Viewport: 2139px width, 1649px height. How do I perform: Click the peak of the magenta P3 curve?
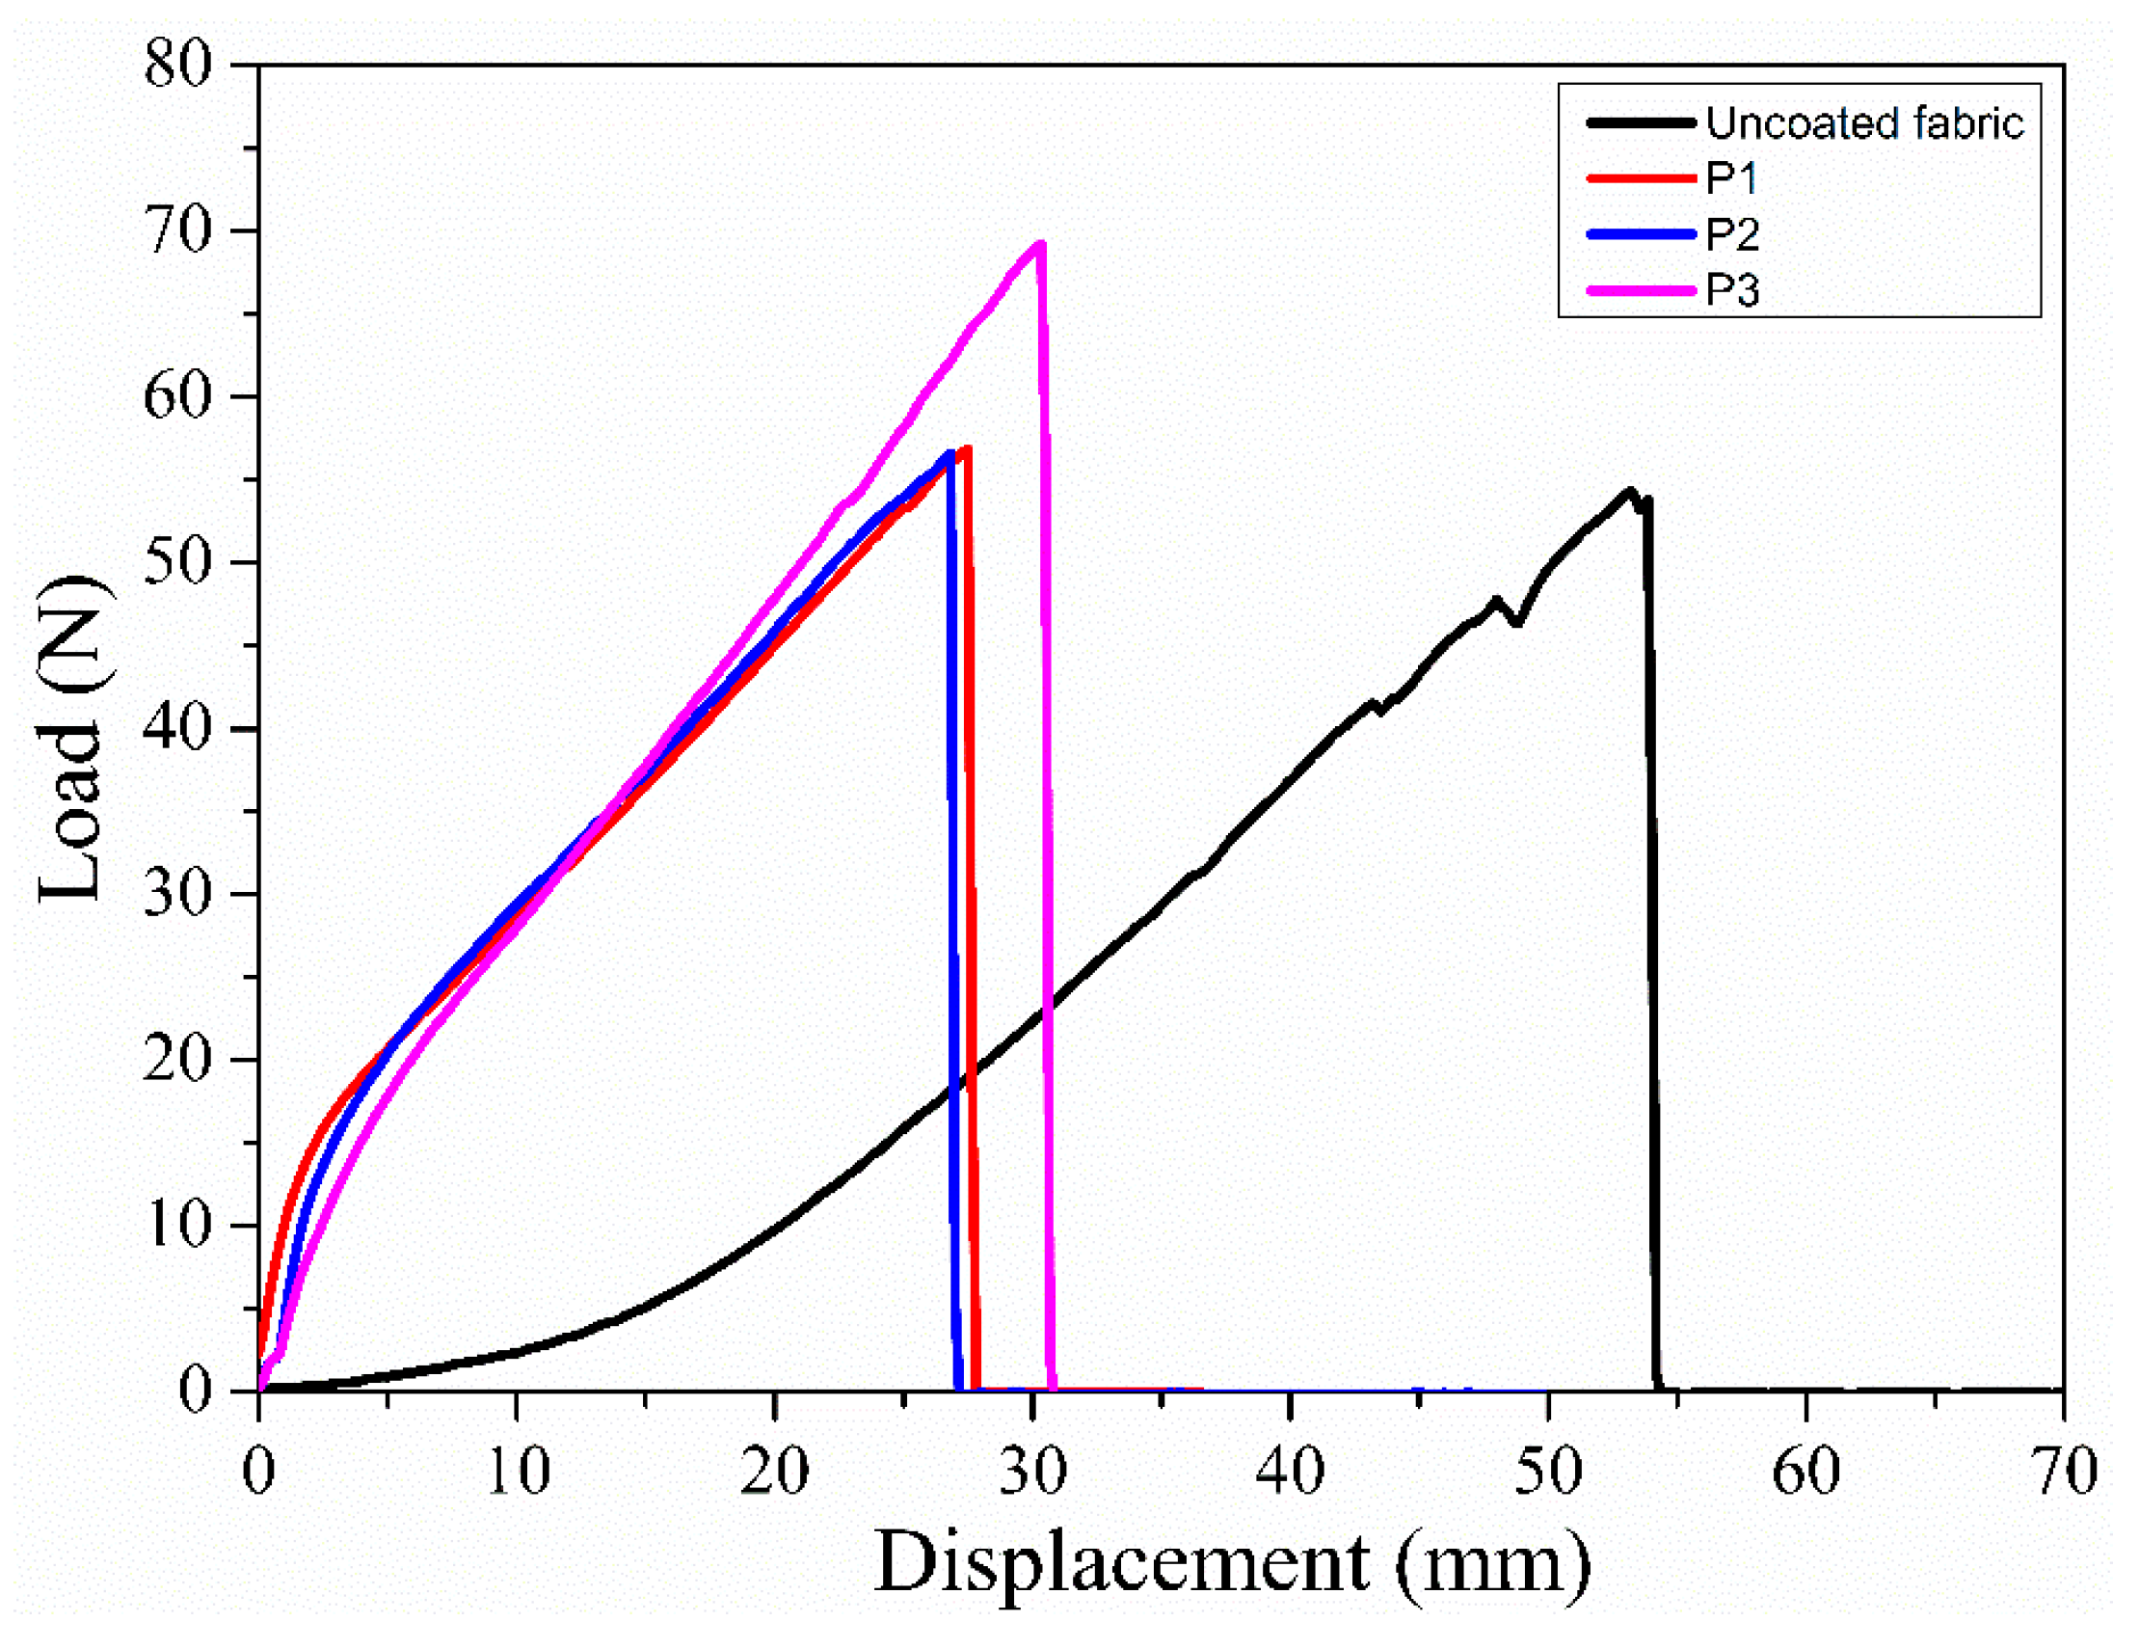pyautogui.click(x=1040, y=243)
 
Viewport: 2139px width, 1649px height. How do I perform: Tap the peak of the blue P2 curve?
pyautogui.click(x=949, y=452)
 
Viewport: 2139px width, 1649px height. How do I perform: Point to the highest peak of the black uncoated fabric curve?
pyautogui.click(x=1630, y=491)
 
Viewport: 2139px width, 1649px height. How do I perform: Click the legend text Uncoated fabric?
pyautogui.click(x=1863, y=123)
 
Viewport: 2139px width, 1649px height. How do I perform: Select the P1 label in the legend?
pyautogui.click(x=1731, y=178)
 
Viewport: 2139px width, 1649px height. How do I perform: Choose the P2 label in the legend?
pyautogui.click(x=1731, y=234)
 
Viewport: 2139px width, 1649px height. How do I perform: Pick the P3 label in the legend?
pyautogui.click(x=1731, y=290)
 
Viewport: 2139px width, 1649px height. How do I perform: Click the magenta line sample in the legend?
pyautogui.click(x=1641, y=290)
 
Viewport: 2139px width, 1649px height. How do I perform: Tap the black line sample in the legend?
pyautogui.click(x=1641, y=123)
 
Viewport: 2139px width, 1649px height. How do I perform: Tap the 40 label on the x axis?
pyautogui.click(x=1291, y=1471)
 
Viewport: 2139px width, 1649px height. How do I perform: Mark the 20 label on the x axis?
pyautogui.click(x=775, y=1471)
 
